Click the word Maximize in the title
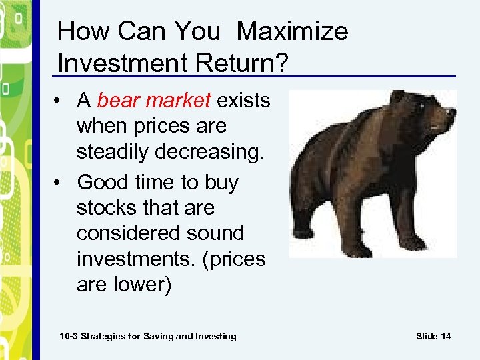coord(292,31)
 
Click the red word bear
coord(119,101)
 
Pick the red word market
coord(179,101)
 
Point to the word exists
coord(244,101)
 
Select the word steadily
coord(113,152)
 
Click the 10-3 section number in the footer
coord(69,336)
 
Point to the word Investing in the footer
coord(215,336)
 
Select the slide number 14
coord(445,336)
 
